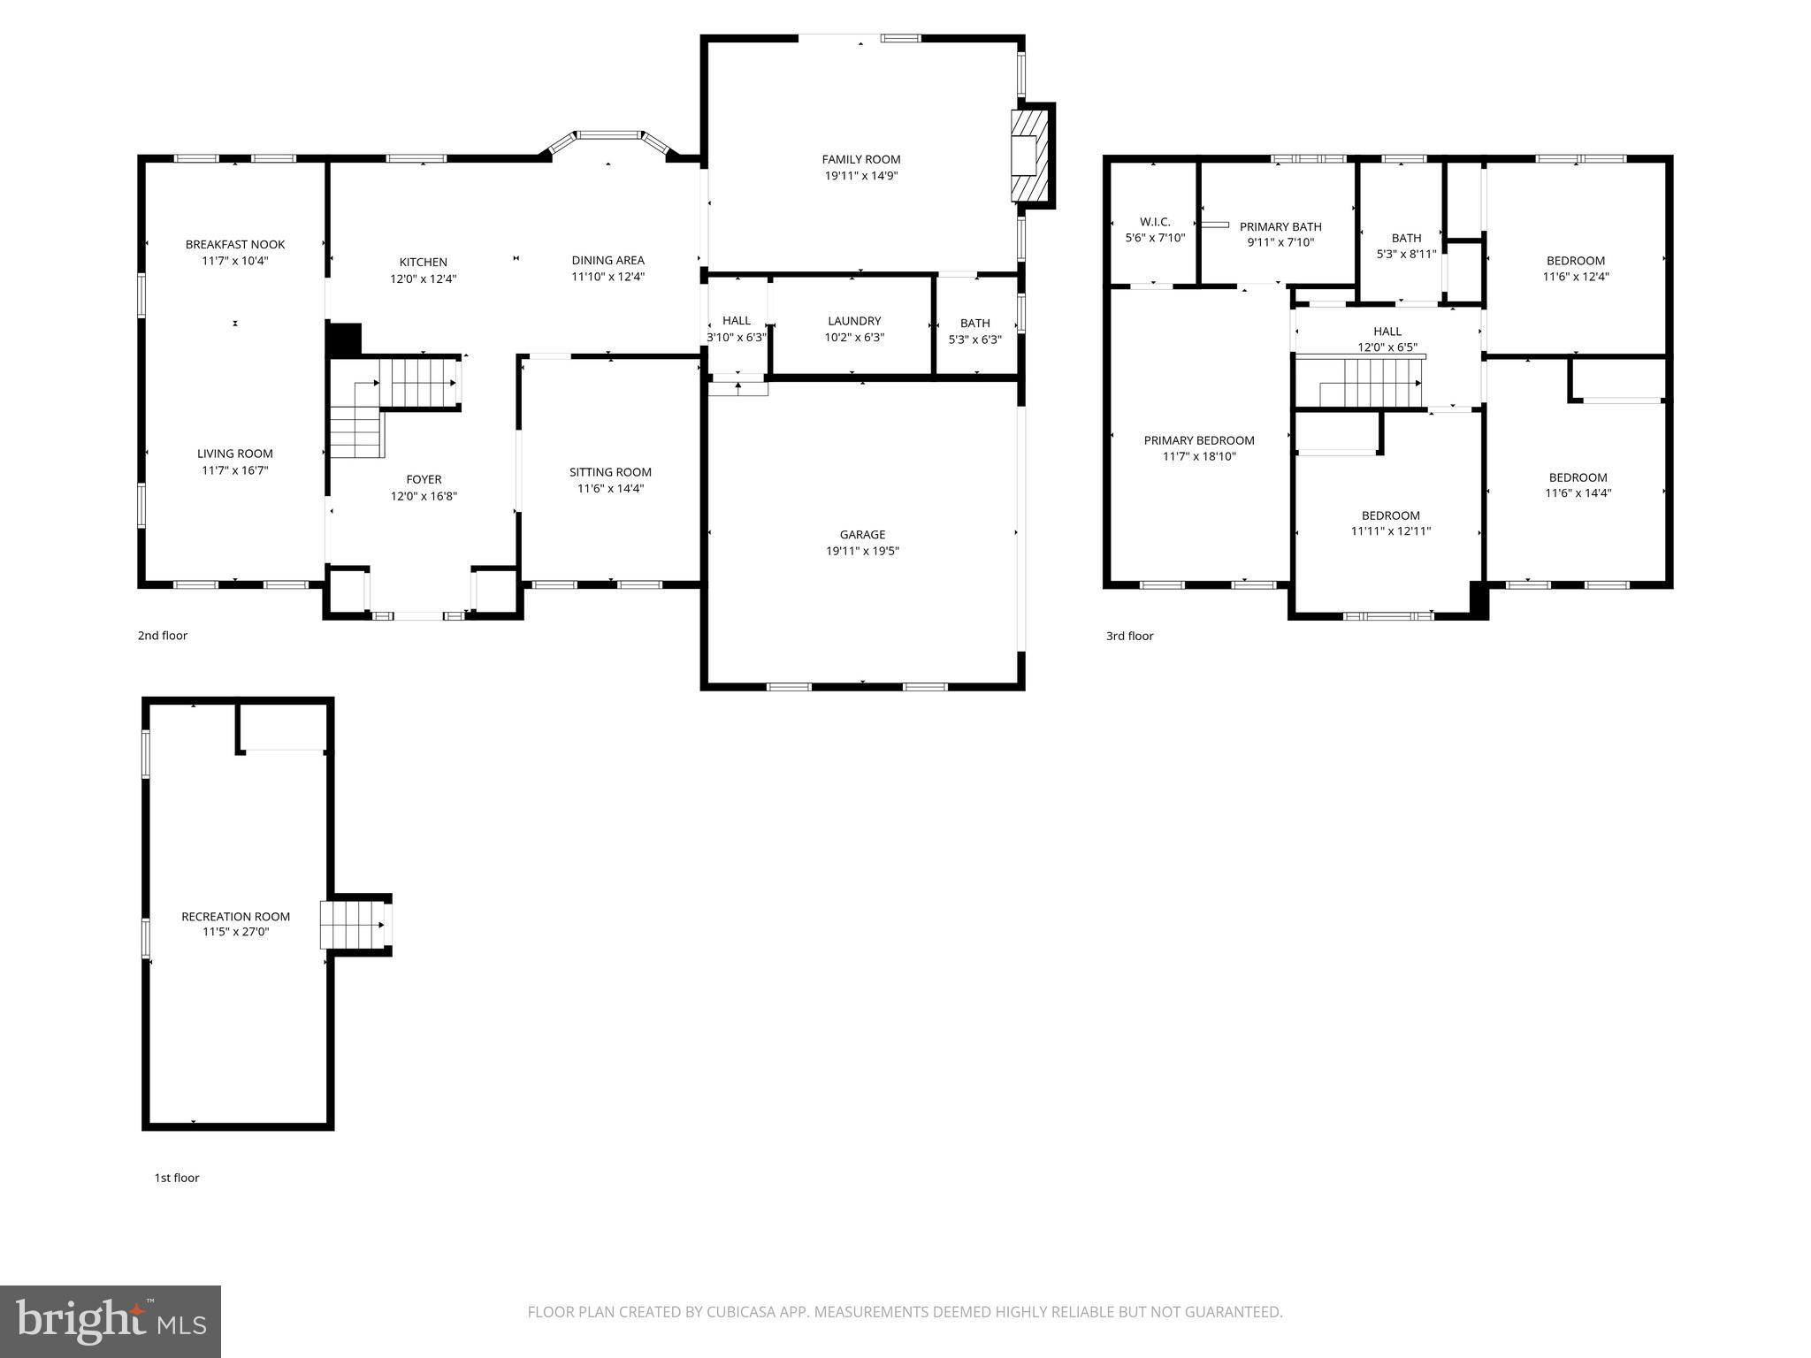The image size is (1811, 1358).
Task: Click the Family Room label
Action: pyautogui.click(x=860, y=160)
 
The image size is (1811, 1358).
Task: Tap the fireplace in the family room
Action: pyautogui.click(x=1029, y=156)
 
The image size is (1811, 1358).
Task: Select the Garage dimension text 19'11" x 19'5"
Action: pyautogui.click(x=862, y=552)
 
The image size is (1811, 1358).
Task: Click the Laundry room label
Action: pyautogui.click(x=854, y=321)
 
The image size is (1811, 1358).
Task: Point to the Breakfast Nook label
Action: pyautogui.click(x=235, y=245)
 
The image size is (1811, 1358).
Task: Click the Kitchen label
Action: pyautogui.click(x=424, y=263)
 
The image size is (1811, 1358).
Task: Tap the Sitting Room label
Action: pyautogui.click(x=610, y=472)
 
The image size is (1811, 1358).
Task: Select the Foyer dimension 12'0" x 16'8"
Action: pyautogui.click(x=424, y=496)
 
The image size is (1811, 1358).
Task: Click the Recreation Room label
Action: pyautogui.click(x=235, y=917)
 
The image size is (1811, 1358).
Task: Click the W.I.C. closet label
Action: pyautogui.click(x=1155, y=222)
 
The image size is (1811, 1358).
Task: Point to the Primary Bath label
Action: pyautogui.click(x=1280, y=227)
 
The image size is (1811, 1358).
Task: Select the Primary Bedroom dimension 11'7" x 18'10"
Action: pyautogui.click(x=1199, y=457)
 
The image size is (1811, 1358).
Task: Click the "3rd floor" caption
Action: pyautogui.click(x=1129, y=636)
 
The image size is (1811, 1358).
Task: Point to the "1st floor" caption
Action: pyautogui.click(x=177, y=1178)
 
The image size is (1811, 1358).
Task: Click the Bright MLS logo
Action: pyautogui.click(x=111, y=1322)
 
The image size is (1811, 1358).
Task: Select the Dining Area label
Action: pyautogui.click(x=607, y=261)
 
